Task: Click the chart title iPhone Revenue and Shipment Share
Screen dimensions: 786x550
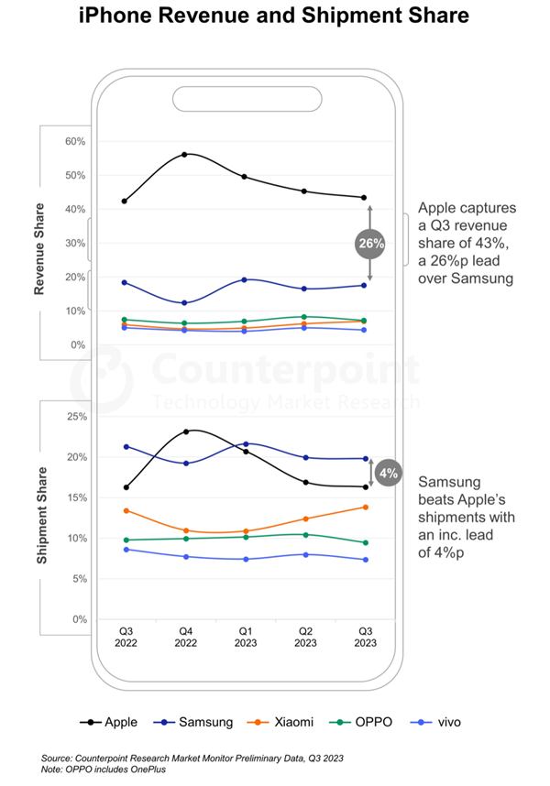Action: pos(274,16)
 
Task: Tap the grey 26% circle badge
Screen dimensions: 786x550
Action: pos(370,244)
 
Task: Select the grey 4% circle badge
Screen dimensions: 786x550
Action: pos(387,473)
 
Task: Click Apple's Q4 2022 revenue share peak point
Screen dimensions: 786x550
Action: pos(185,154)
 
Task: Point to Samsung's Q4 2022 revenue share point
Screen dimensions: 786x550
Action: pos(185,302)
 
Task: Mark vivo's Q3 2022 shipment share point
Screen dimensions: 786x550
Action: pos(126,549)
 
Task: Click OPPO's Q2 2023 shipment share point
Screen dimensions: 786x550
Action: pos(304,534)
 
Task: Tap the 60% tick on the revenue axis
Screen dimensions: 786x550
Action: pos(74,142)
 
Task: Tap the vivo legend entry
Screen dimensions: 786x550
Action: pos(438,722)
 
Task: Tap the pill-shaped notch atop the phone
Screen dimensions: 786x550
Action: pos(245,98)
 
